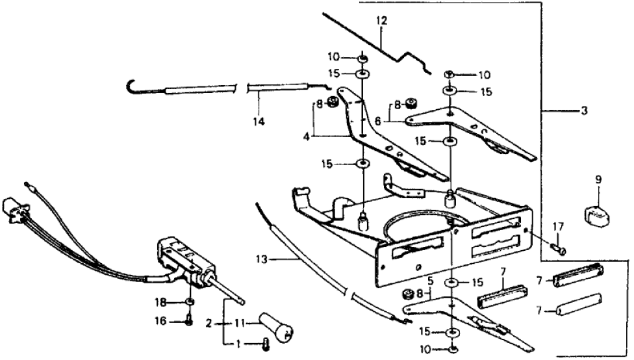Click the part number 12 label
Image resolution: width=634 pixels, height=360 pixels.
(x=381, y=21)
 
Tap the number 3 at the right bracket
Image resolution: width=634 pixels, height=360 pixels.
(x=584, y=111)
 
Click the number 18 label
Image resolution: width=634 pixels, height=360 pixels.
(x=168, y=302)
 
